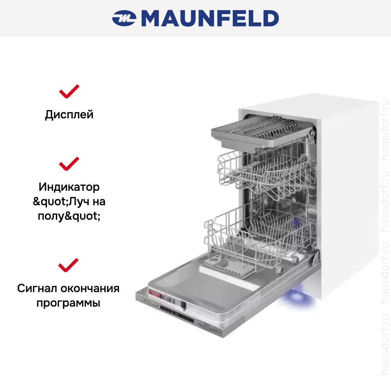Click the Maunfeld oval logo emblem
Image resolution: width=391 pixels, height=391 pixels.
click(124, 18)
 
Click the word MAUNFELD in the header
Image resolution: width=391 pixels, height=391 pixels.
click(210, 18)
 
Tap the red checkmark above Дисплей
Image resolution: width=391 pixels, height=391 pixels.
click(69, 91)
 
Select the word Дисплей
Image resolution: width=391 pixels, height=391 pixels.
click(69, 115)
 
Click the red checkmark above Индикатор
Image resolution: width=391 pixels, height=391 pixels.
click(69, 164)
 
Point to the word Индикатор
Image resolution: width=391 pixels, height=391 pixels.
click(69, 187)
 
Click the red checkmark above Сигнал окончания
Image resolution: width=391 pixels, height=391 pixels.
click(68, 265)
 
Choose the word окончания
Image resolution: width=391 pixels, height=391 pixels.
click(90, 289)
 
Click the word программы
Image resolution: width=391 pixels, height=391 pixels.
click(68, 303)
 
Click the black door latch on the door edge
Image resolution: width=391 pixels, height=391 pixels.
click(183, 305)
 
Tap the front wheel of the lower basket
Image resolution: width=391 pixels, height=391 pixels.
click(280, 269)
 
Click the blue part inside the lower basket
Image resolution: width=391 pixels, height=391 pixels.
click(296, 223)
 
